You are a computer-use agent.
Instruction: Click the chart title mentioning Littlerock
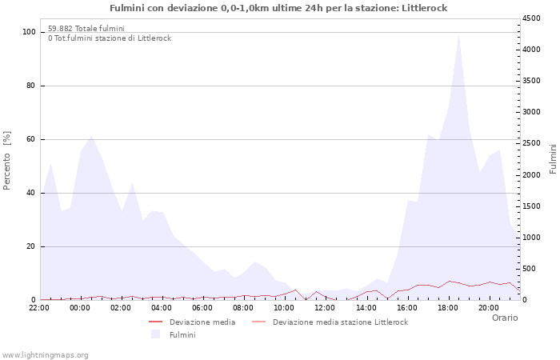click(x=278, y=8)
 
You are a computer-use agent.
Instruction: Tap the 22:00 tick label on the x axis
click(x=39, y=308)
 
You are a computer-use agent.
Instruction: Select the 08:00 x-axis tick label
click(x=243, y=308)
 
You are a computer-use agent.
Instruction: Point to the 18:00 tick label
click(x=447, y=308)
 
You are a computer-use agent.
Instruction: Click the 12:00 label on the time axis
click(x=325, y=308)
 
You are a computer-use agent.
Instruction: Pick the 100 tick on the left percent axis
click(x=30, y=32)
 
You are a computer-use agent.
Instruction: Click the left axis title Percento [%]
click(x=8, y=160)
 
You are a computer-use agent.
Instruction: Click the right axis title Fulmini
click(x=553, y=158)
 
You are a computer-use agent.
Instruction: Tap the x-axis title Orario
click(x=504, y=318)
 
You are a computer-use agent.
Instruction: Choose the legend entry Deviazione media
click(x=202, y=322)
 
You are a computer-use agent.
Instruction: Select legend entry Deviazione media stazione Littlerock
click(x=340, y=322)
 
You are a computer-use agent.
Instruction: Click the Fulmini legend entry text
click(x=182, y=334)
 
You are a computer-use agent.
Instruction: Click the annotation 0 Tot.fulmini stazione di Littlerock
click(x=109, y=38)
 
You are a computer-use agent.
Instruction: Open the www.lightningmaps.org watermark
click(x=46, y=354)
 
